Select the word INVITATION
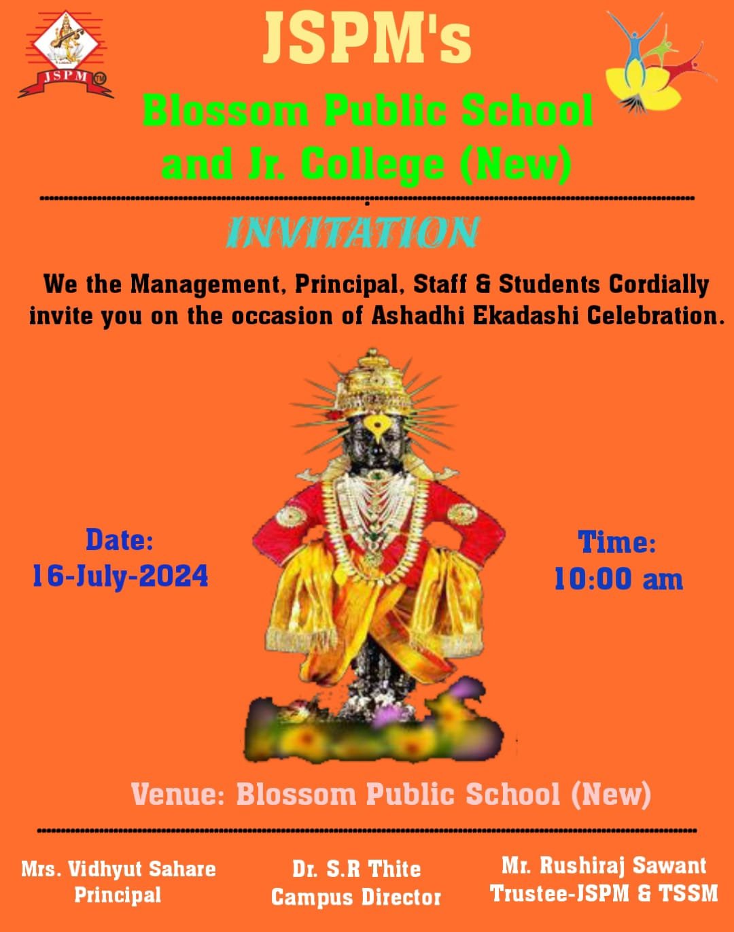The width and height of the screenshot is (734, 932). (x=353, y=232)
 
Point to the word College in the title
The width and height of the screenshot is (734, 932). (x=372, y=165)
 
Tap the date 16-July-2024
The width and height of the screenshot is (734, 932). (x=120, y=576)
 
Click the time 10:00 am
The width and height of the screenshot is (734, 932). (x=618, y=579)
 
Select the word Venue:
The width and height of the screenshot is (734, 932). (x=177, y=795)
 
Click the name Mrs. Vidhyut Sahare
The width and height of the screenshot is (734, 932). (x=118, y=869)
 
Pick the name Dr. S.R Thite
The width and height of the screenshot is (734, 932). (x=356, y=869)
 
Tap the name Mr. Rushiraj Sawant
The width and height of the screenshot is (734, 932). (x=604, y=865)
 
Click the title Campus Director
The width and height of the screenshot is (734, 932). (x=356, y=897)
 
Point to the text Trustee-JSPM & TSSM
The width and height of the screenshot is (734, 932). (x=604, y=893)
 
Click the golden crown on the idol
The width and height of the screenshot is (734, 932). (x=374, y=381)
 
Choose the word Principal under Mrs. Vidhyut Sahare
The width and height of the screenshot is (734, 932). (x=118, y=895)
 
